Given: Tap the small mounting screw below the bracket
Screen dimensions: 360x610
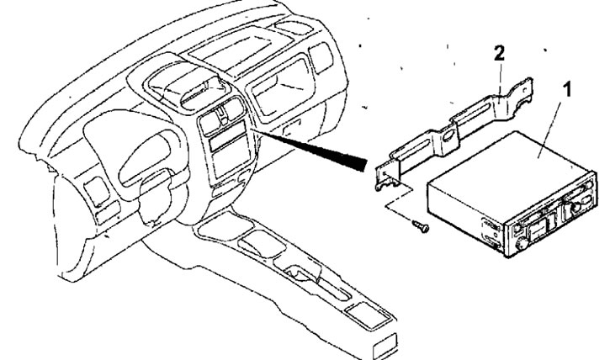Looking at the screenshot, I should (x=419, y=225).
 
